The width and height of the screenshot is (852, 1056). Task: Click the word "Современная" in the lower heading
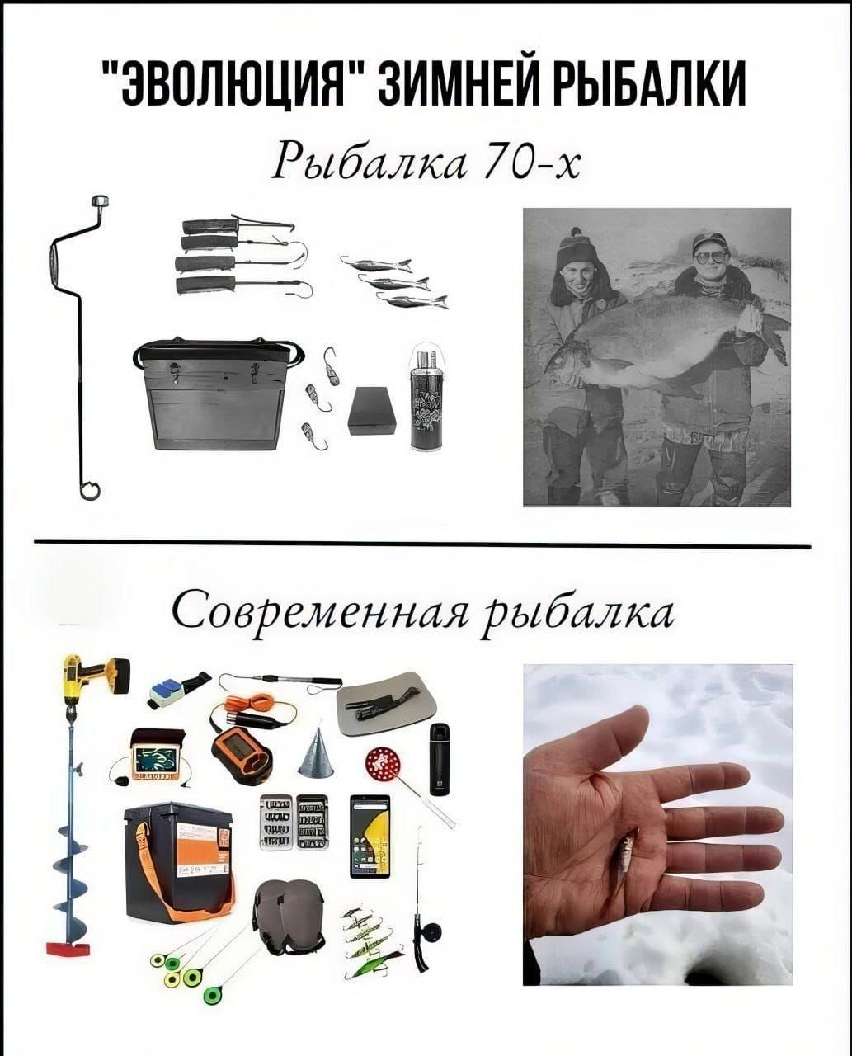click(322, 615)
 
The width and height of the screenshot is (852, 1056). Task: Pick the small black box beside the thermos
click(373, 411)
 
